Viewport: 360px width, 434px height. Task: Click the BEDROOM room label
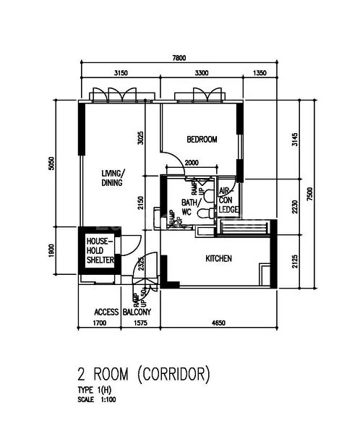(x=201, y=140)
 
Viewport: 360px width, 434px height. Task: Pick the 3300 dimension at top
(x=202, y=73)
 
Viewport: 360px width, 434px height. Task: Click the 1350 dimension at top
(x=258, y=73)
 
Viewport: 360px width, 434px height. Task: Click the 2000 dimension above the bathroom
(x=192, y=163)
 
